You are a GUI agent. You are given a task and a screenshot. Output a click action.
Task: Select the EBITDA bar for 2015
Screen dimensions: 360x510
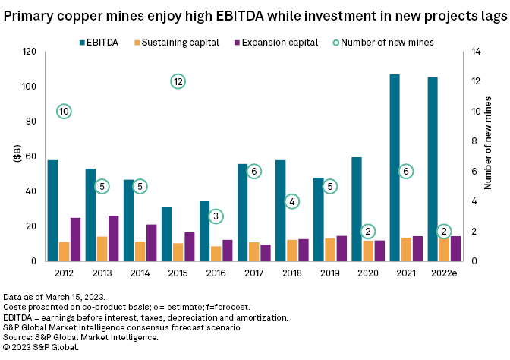point(166,234)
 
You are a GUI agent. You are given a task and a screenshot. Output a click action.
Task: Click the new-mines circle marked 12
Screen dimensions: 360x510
point(178,81)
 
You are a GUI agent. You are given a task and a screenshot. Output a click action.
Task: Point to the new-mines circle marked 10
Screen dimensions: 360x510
point(64,112)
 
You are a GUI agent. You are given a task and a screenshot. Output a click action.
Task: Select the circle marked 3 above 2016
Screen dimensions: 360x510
point(216,216)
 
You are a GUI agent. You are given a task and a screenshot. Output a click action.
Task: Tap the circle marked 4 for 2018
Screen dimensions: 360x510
point(292,201)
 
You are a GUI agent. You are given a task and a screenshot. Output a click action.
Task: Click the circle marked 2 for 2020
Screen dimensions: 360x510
point(368,231)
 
